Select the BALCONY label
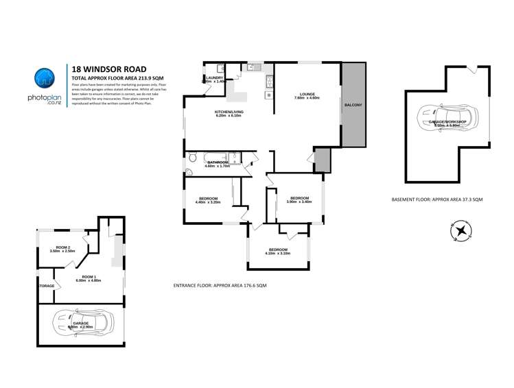[x=353, y=105]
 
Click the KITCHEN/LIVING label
[x=229, y=111]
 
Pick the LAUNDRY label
[x=214, y=77]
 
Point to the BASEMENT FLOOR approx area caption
[x=436, y=199]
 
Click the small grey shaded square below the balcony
[x=322, y=160]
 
